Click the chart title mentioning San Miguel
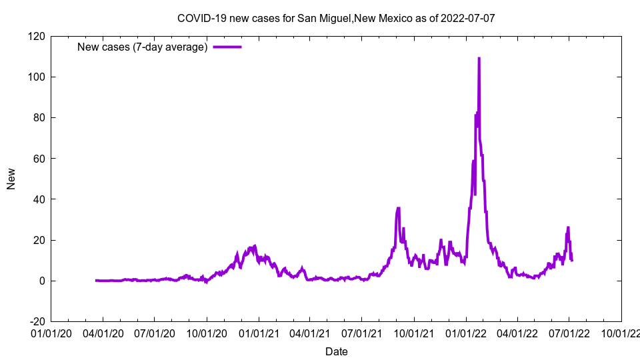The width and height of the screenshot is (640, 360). (336, 18)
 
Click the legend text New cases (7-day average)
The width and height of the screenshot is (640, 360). (143, 47)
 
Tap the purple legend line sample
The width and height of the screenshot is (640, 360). (227, 47)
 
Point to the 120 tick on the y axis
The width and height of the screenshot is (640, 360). (37, 36)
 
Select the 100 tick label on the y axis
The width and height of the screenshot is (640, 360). (37, 77)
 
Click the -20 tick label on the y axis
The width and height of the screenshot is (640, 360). (38, 321)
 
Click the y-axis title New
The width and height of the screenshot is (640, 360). (11, 179)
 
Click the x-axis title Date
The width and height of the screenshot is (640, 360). (336, 351)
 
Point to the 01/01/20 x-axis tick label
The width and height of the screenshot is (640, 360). (51, 333)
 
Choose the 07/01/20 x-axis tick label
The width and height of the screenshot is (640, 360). (155, 333)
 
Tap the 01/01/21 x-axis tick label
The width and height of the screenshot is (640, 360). (259, 333)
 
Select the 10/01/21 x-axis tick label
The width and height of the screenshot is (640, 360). (414, 333)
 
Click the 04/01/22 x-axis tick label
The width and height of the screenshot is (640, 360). (517, 333)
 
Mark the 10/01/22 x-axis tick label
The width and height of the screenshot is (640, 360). (621, 333)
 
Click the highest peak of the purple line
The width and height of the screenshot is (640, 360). (479, 59)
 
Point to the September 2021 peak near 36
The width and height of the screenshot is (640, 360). (398, 208)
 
